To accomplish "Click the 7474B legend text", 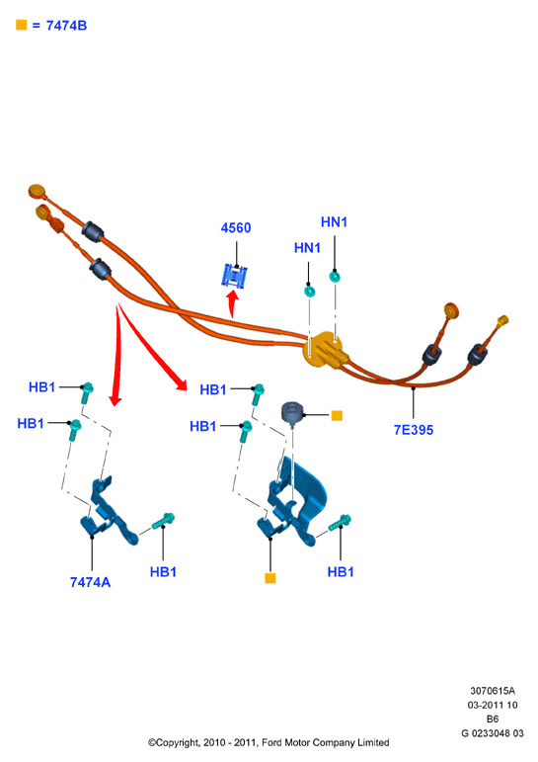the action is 66,26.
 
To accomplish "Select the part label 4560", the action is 236,228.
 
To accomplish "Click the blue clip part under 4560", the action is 235,276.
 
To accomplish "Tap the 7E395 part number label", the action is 414,430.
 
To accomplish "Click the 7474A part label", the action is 90,582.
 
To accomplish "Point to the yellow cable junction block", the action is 323,350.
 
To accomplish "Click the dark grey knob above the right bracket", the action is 291,412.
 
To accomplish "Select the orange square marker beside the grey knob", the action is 337,415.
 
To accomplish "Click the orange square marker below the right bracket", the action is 270,578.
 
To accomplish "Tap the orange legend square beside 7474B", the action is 22,25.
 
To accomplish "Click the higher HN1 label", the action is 334,222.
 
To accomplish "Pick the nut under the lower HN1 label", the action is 309,292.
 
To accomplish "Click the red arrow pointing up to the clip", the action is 234,303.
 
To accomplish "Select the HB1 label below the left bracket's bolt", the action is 163,572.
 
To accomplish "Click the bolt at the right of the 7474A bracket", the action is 164,521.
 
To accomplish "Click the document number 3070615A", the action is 493,691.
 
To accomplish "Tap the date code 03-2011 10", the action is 493,705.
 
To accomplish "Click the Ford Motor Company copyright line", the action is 269,742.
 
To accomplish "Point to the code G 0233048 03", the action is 493,732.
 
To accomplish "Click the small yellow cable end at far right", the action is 502,320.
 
